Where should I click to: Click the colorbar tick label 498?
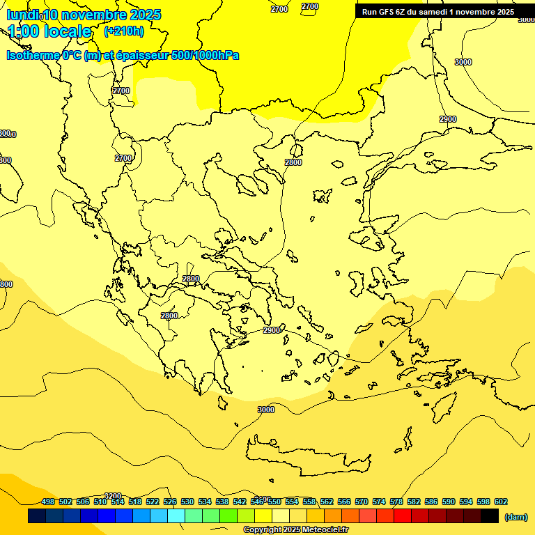(48, 502)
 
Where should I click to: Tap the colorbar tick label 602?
(501, 502)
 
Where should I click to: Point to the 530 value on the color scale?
(187, 502)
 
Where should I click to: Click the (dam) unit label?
(515, 517)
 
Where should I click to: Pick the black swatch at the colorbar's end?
(490, 516)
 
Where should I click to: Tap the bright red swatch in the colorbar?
(403, 516)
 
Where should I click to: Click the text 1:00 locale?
(49, 31)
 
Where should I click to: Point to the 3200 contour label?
(112, 496)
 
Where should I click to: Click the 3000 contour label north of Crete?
(266, 410)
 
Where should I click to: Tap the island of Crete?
(307, 456)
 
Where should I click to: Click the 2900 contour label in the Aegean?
(272, 330)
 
